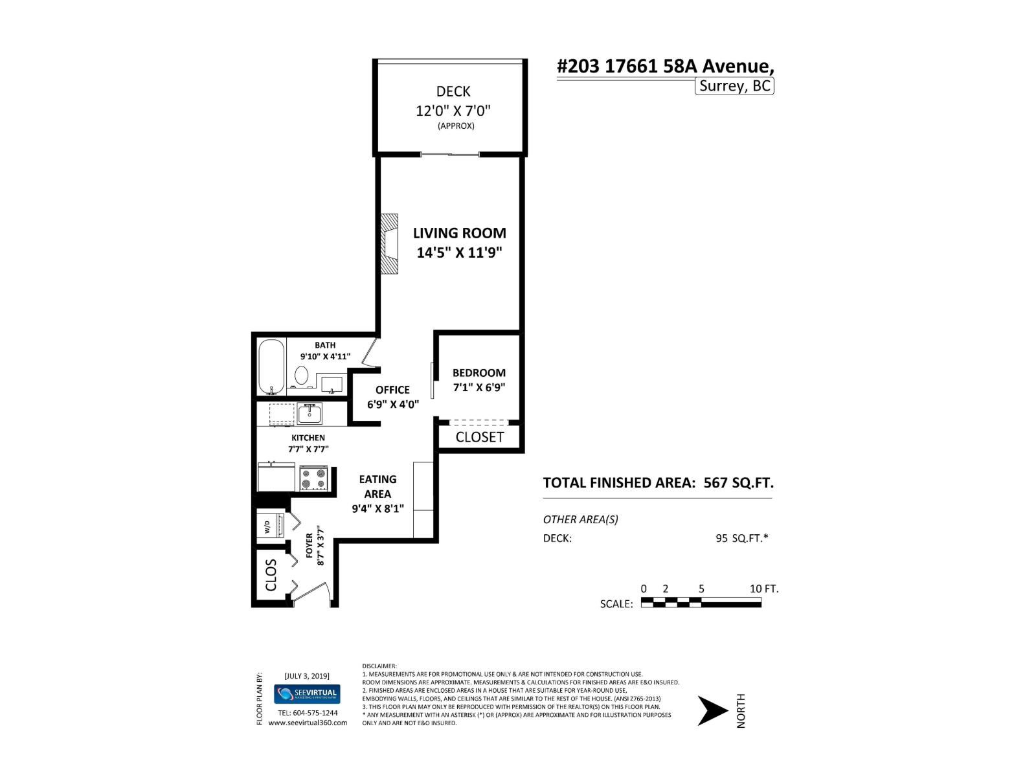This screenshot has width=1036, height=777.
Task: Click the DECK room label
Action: pos(453,92)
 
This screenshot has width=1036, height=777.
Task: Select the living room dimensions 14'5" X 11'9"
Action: pos(459,253)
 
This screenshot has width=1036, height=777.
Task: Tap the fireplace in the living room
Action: pos(389,244)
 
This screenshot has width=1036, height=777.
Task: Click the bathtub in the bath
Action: pos(272,367)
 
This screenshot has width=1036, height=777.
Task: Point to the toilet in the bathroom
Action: pos(301,375)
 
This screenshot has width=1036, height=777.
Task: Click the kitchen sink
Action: pos(310,413)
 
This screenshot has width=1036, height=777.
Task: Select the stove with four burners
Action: pos(314,479)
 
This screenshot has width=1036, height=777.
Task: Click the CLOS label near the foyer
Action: pos(271,575)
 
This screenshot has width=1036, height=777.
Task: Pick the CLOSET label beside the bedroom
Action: pos(480,437)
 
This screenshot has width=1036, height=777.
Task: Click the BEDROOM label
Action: pos(479,373)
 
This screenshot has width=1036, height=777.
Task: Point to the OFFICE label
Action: pos(392,390)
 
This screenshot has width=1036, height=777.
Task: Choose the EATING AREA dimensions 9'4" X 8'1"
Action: pos(377,509)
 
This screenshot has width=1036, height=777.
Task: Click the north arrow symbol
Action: pos(712,711)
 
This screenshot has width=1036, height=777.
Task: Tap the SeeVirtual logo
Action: pos(307,694)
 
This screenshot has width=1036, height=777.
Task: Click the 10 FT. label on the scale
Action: pos(763,589)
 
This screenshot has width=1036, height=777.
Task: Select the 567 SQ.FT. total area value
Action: pos(738,483)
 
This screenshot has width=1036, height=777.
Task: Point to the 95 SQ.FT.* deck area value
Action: pos(741,538)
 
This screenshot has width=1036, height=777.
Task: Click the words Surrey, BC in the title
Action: pos(735,86)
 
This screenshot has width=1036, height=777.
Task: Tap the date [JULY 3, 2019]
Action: pos(307,676)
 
